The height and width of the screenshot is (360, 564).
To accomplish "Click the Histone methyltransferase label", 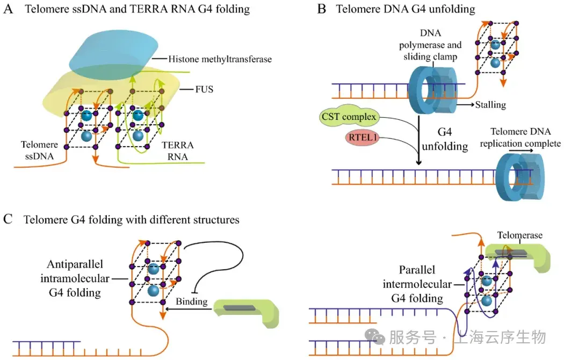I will pos(220,59).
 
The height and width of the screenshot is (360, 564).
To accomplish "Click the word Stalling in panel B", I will pos(490,104).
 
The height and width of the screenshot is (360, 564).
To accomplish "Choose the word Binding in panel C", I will pos(192,302).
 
